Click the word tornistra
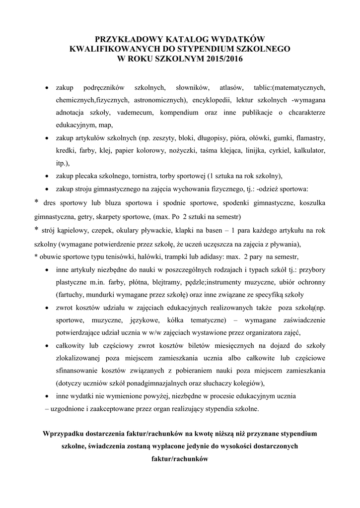click(x=167, y=176)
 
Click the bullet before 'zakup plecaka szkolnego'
click(x=46, y=176)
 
